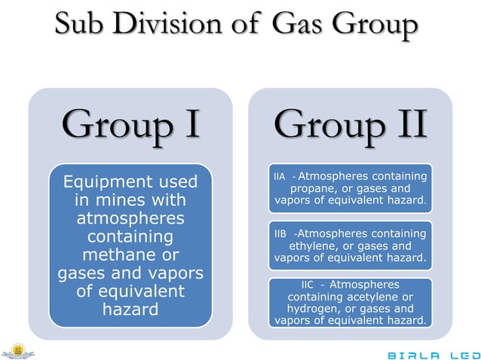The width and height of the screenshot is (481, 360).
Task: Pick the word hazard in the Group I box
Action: coord(130,309)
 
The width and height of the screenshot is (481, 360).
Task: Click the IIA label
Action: coord(280,177)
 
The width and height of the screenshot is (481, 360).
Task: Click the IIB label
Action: coord(281,234)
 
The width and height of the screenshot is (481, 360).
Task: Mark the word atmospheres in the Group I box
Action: coord(130,218)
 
